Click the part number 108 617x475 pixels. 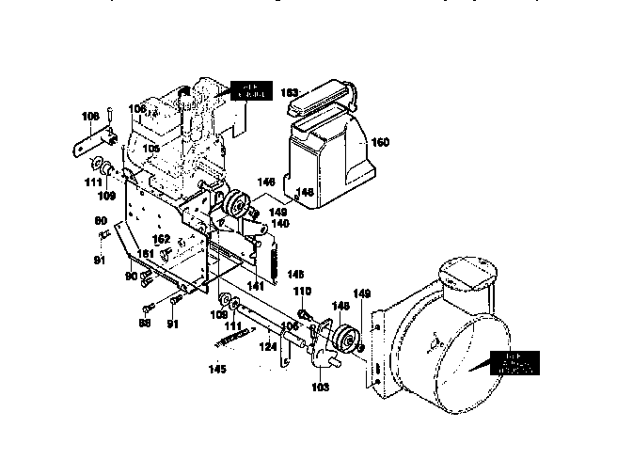pyautogui.click(x=90, y=117)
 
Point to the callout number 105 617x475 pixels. pyautogui.click(x=151, y=149)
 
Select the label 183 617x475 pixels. pyautogui.click(x=292, y=92)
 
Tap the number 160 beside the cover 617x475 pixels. pyautogui.click(x=380, y=142)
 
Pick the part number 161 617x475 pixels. pyautogui.click(x=146, y=254)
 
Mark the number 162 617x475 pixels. pyautogui.click(x=163, y=240)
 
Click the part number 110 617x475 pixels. pyautogui.click(x=303, y=292)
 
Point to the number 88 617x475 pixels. pyautogui.click(x=145, y=323)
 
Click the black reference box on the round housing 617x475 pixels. pyautogui.click(x=515, y=363)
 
